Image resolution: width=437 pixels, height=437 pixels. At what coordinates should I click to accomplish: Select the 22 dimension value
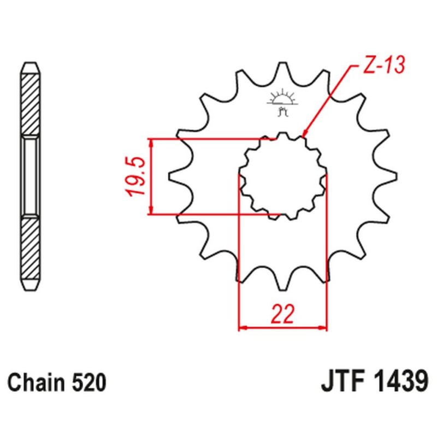pyautogui.click(x=283, y=315)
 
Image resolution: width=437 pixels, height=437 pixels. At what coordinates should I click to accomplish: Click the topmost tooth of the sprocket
pyautogui.click(x=282, y=68)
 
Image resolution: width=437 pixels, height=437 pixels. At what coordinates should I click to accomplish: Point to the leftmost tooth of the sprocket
pyautogui.click(x=174, y=176)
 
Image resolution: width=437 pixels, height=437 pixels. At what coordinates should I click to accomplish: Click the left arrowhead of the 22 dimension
pyautogui.click(x=242, y=329)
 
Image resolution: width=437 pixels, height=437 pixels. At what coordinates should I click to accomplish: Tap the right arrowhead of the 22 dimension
pyautogui.click(x=324, y=329)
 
